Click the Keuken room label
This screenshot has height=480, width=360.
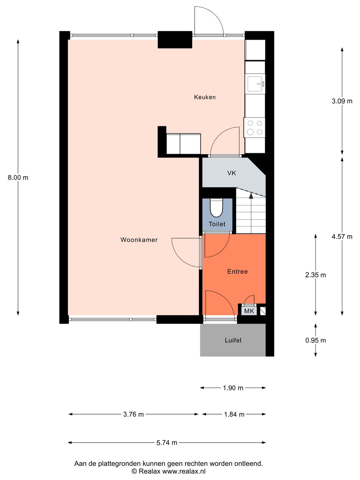205,97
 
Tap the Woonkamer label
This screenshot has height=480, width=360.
139,240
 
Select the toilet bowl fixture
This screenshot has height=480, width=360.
216,208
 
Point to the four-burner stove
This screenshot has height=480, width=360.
255,127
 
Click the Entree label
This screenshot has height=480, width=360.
237,271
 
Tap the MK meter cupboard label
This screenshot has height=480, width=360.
249,311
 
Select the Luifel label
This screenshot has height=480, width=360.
233,340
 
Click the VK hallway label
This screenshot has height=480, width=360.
232,173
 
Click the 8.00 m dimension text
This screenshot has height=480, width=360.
18,177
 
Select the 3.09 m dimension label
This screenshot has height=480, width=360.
342,101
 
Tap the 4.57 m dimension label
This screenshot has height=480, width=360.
342,237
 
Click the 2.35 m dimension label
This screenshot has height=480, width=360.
315,275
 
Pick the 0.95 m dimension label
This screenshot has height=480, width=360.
315,340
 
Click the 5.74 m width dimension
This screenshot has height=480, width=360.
167,442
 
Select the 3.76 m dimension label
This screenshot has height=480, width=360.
133,414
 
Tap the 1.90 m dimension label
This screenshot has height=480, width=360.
233,388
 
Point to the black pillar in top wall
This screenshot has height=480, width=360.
175,39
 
